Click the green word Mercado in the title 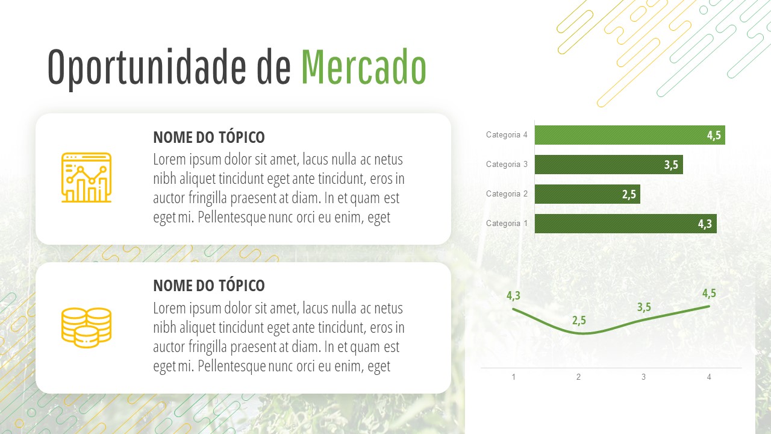[x=364, y=67]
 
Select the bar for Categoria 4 [x=630, y=135]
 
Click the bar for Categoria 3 [x=609, y=165]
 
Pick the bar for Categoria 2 [x=587, y=194]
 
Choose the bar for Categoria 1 [x=626, y=224]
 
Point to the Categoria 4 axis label [x=507, y=134]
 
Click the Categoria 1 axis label [x=507, y=223]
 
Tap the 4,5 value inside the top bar [x=714, y=136]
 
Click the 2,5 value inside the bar [x=629, y=195]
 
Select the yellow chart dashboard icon [x=86, y=177]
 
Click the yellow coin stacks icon [x=86, y=327]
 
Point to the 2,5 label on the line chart [x=579, y=321]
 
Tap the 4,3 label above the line [x=514, y=295]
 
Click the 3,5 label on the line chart [x=644, y=307]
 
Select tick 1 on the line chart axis [x=514, y=377]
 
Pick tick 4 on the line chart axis [x=709, y=377]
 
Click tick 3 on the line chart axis [x=644, y=377]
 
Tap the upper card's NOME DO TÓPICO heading [x=209, y=137]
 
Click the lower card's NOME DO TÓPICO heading [x=209, y=286]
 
